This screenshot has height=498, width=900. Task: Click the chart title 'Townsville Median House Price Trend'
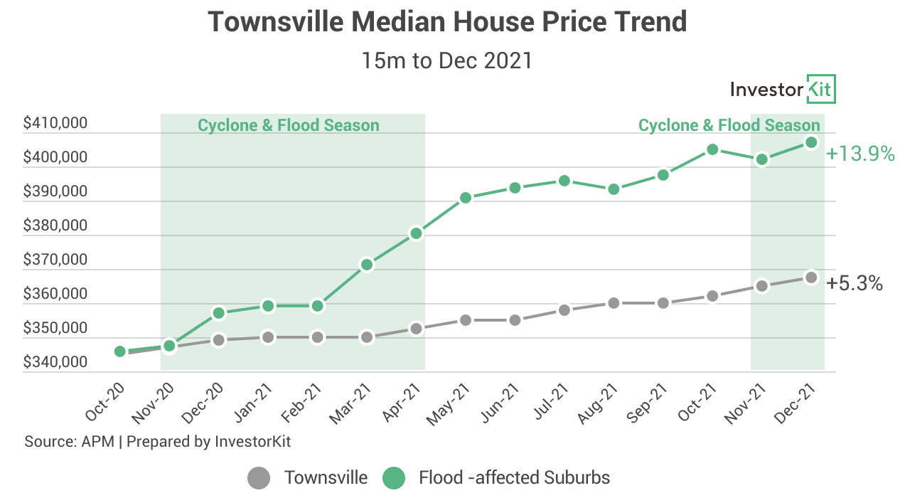(x=447, y=22)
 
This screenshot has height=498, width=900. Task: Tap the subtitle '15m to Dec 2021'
(x=447, y=60)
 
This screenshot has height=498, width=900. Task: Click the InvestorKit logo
(x=783, y=90)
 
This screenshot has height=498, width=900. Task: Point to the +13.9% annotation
(x=860, y=153)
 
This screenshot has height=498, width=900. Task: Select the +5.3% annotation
(x=855, y=284)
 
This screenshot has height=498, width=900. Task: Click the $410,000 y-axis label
(x=55, y=124)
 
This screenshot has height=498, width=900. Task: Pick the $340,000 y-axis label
(x=55, y=363)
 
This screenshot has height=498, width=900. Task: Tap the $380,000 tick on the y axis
(x=55, y=226)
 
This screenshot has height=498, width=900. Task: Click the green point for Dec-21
(x=811, y=142)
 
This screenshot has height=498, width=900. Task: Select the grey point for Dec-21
(x=811, y=277)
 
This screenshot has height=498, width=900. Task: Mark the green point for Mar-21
(x=367, y=265)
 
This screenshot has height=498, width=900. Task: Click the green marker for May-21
(x=466, y=198)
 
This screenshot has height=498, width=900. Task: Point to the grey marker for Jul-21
(x=564, y=310)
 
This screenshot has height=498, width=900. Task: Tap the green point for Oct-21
(x=712, y=149)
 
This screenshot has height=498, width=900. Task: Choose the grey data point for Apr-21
(x=417, y=329)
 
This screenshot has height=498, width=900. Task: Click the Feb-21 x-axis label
(x=305, y=402)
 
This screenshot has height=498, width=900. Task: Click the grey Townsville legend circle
(x=259, y=477)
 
